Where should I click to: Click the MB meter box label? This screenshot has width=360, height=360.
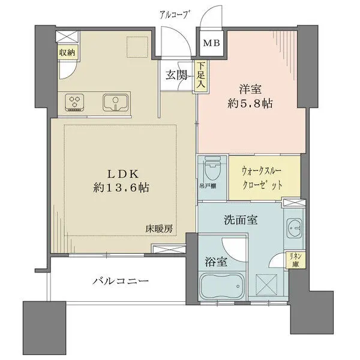click(x=211, y=44)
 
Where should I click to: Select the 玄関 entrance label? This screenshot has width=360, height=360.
click(x=177, y=76)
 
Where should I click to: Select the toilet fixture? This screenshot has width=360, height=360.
click(x=211, y=169)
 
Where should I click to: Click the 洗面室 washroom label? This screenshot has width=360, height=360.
click(x=241, y=220)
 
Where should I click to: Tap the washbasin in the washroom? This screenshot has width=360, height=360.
click(x=295, y=228)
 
